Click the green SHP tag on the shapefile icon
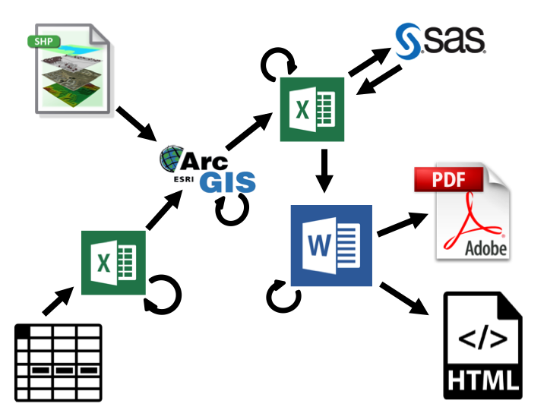(x=44, y=40)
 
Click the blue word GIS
(x=228, y=183)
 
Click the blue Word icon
(x=331, y=244)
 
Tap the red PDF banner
(x=448, y=181)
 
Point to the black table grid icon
(x=58, y=363)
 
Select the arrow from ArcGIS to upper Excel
(x=250, y=131)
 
